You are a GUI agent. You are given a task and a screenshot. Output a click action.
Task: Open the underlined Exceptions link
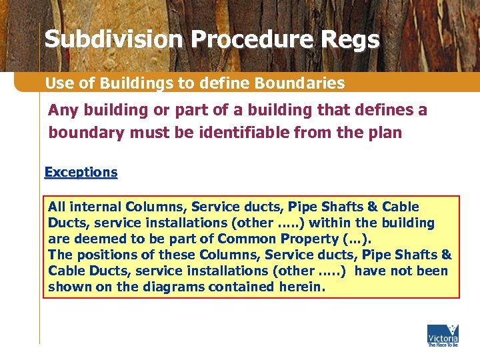click(81, 172)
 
